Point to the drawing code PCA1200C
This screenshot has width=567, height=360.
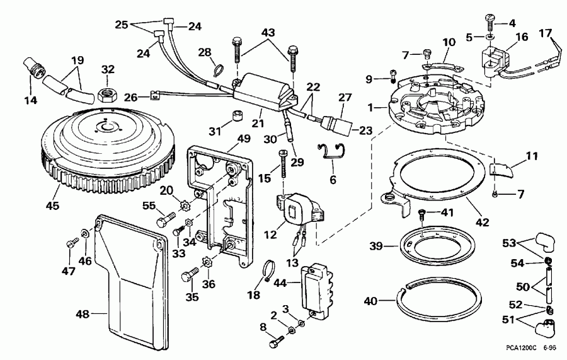tap(521, 347)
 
